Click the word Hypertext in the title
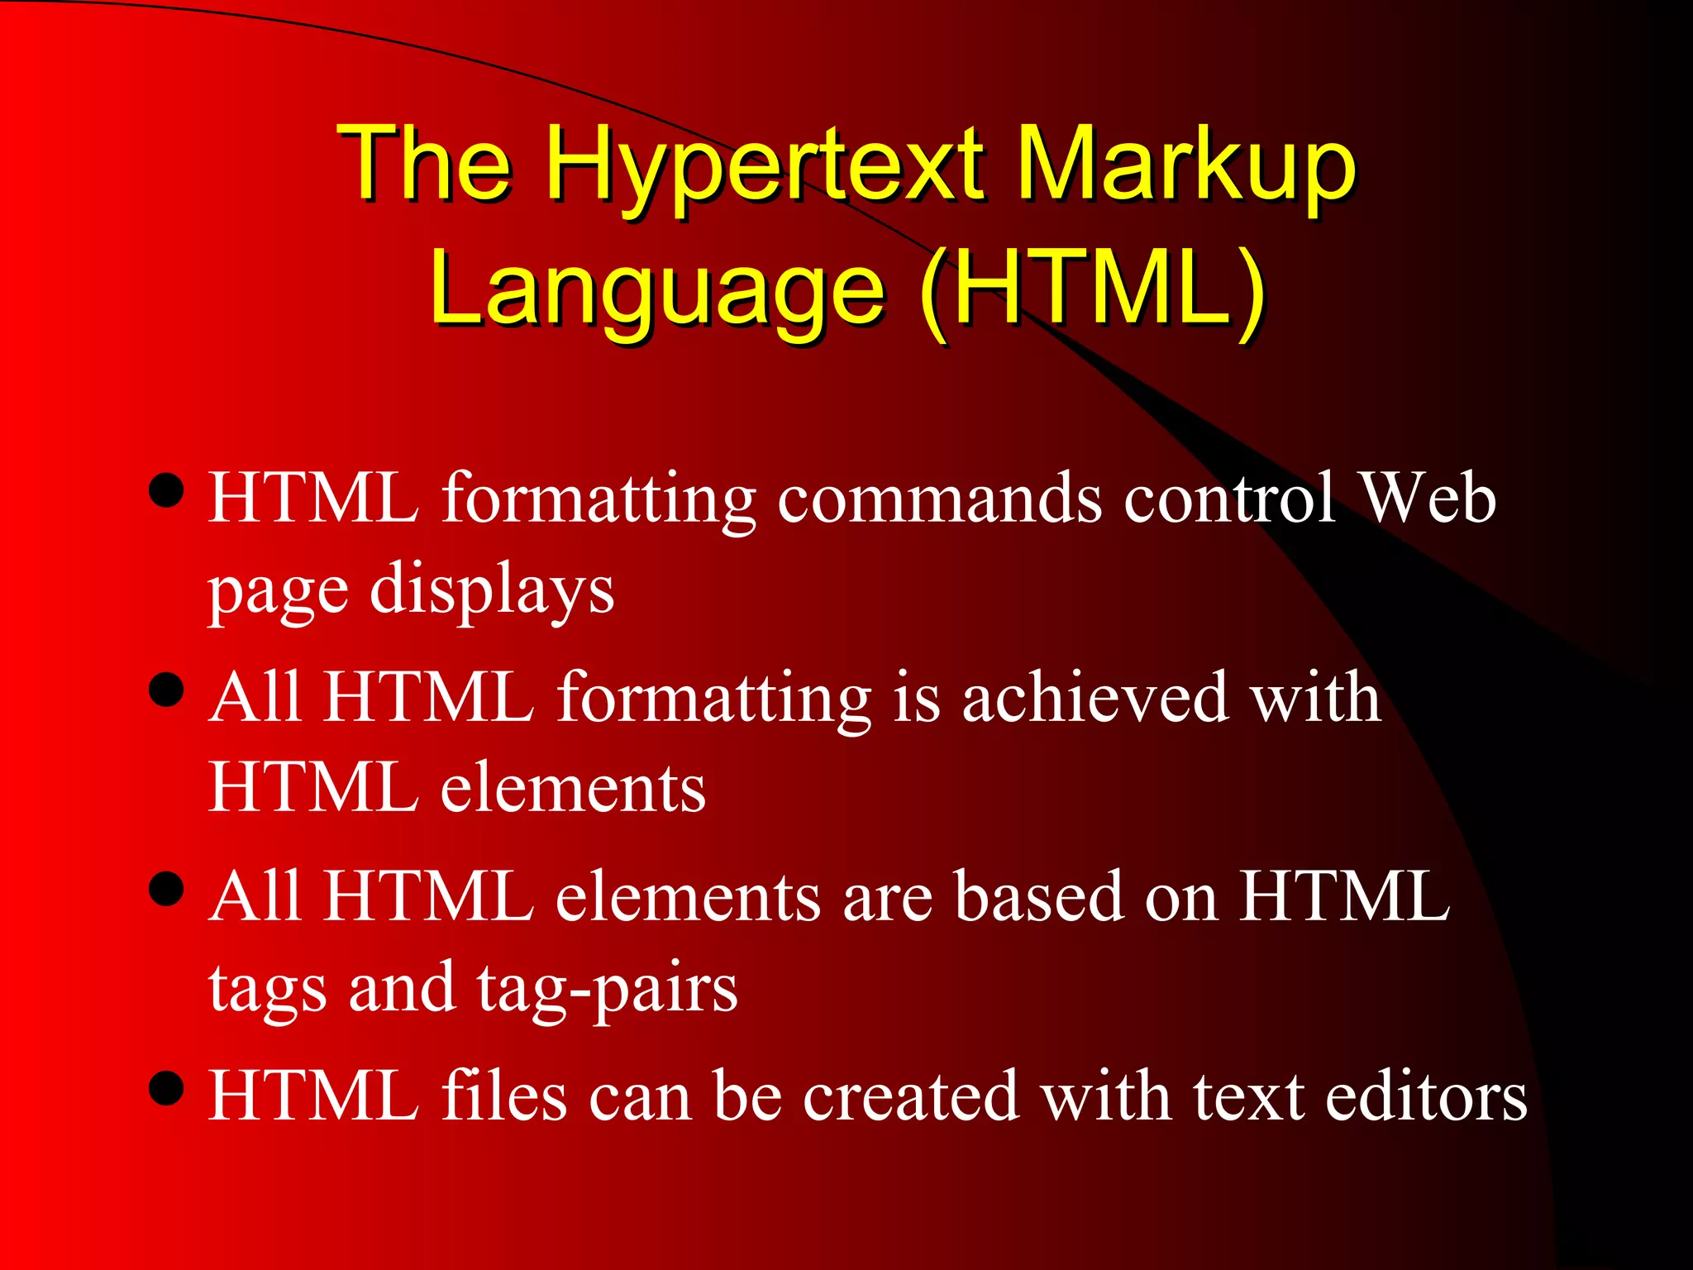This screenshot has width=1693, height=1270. point(765,165)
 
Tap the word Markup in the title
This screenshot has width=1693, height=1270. point(1185,165)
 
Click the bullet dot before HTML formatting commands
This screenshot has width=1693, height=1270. point(167,490)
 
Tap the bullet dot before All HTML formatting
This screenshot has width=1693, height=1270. point(167,690)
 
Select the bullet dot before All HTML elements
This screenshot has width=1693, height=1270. point(167,890)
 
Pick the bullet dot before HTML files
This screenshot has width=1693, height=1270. point(167,1088)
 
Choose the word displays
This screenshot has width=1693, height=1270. point(492,591)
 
